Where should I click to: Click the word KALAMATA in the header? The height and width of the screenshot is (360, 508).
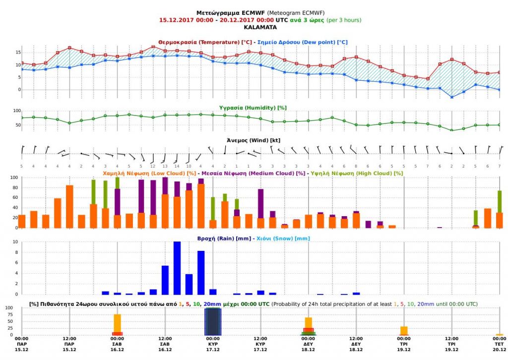pyautogui.click(x=260, y=27)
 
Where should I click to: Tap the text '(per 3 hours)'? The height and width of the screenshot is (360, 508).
pyautogui.click(x=343, y=20)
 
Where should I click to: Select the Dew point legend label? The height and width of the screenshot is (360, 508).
pyautogui.click(x=302, y=42)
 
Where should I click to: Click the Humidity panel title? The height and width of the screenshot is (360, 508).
pyautogui.click(x=253, y=108)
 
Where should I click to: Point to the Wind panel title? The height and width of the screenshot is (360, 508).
pyautogui.click(x=254, y=140)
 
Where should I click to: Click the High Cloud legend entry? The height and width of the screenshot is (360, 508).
pyautogui.click(x=357, y=173)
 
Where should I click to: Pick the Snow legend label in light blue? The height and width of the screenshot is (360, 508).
pyautogui.click(x=283, y=239)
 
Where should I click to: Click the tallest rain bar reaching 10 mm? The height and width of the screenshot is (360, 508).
pyautogui.click(x=177, y=268)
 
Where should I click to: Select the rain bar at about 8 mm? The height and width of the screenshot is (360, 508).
pyautogui.click(x=201, y=273)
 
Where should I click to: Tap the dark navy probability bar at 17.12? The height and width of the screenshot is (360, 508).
pyautogui.click(x=213, y=321)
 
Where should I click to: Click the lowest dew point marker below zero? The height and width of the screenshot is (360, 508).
pyautogui.click(x=451, y=97)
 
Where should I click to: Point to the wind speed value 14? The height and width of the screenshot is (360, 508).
pyautogui.click(x=177, y=167)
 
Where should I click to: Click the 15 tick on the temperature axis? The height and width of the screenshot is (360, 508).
pyautogui.click(x=18, y=53)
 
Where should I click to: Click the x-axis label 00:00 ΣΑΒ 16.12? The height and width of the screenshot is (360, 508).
pyautogui.click(x=117, y=344)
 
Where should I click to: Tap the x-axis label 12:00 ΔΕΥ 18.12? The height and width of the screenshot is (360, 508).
pyautogui.click(x=356, y=344)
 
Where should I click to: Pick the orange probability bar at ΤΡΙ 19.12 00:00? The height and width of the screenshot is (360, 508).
pyautogui.click(x=404, y=331)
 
